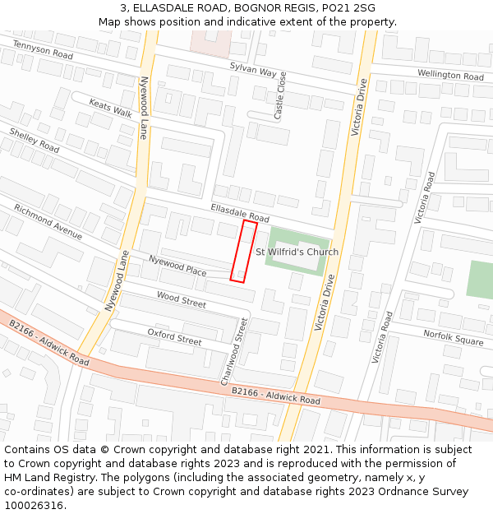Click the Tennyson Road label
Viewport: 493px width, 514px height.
coord(43,51)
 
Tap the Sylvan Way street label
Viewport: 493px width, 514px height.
coord(253,70)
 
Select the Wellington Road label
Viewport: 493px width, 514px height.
coord(450,75)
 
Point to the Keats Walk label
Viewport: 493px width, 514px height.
coord(111,109)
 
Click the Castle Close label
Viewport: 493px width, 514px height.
coord(280,95)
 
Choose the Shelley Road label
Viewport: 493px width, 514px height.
coord(35,140)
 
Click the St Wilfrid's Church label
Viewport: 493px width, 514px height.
coord(297,252)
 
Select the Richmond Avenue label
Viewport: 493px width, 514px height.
coord(48,222)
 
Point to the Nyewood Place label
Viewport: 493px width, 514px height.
coord(177,265)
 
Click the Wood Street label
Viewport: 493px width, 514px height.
coord(181,299)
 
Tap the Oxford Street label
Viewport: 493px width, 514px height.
coord(174,336)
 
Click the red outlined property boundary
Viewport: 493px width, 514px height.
coord(244,251)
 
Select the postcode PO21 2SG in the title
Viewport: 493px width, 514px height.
coord(348,8)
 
